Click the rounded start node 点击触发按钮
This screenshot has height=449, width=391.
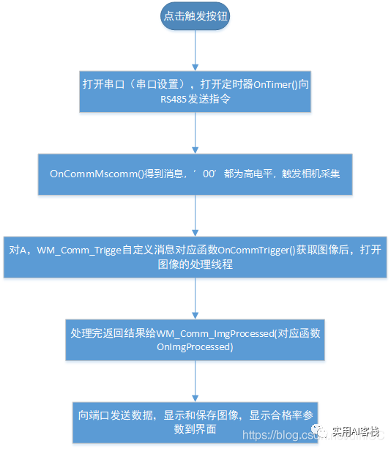(x=195, y=16)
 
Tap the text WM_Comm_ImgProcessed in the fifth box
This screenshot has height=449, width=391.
(x=218, y=333)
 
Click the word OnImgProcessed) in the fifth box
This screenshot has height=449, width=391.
(x=195, y=347)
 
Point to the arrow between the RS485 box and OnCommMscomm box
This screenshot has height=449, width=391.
(x=195, y=132)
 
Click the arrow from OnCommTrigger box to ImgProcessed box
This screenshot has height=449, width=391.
(x=195, y=297)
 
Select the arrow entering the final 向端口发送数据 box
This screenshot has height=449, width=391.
(x=195, y=381)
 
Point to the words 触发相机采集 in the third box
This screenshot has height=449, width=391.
(x=321, y=174)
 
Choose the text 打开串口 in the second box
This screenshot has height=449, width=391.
(x=102, y=84)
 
